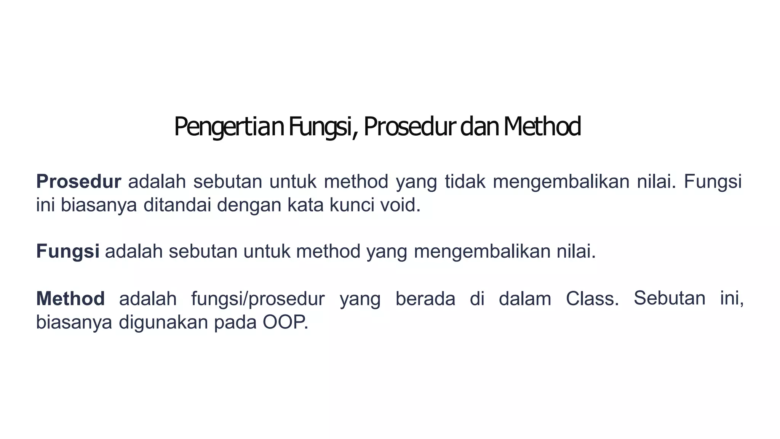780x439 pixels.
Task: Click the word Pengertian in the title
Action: tap(229, 127)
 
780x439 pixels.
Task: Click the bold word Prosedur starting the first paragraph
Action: tap(79, 181)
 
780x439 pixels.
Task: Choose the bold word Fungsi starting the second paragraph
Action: tap(68, 252)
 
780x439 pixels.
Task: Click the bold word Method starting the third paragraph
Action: tap(70, 298)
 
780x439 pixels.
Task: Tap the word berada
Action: tap(425, 298)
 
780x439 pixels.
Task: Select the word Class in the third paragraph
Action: tap(592, 298)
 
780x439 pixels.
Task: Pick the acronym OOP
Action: tap(285, 322)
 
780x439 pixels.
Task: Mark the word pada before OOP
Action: tap(235, 323)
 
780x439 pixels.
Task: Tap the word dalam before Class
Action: tap(525, 298)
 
